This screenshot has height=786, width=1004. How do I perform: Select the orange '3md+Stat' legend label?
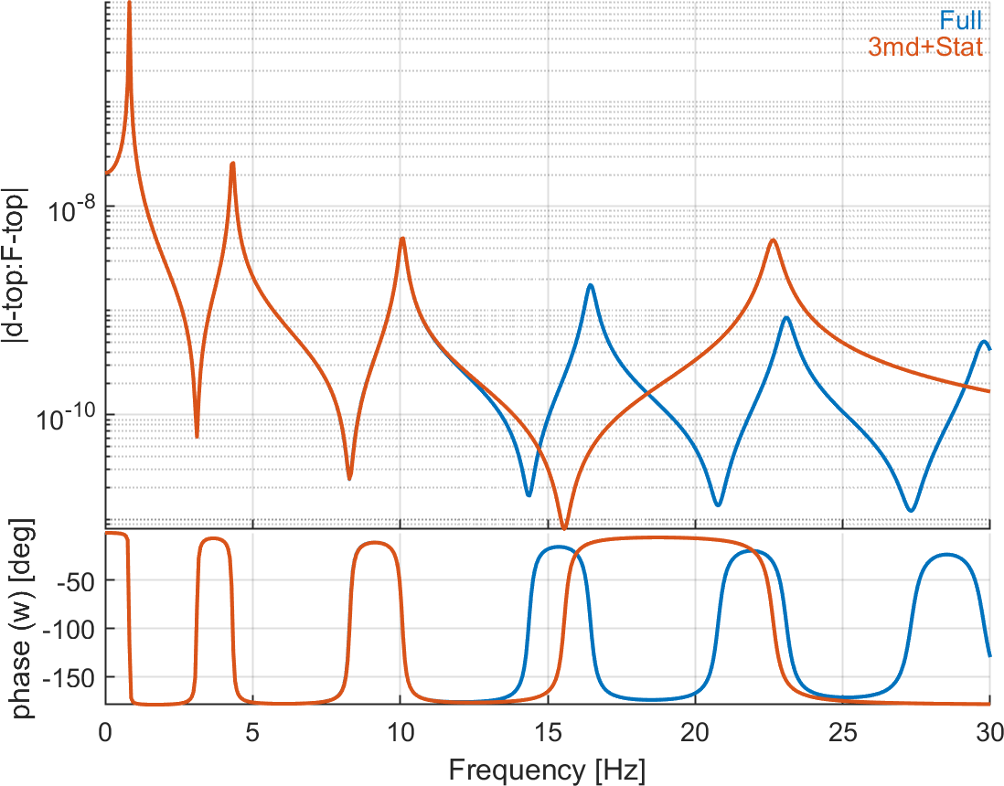[926, 48]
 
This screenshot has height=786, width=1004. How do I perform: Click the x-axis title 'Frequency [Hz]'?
[546, 770]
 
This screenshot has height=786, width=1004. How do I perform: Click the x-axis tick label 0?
[105, 732]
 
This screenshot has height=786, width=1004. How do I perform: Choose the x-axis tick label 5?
[252, 732]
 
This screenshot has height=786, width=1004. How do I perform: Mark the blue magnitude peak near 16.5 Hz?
[591, 285]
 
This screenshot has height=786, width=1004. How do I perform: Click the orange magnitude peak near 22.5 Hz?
[774, 240]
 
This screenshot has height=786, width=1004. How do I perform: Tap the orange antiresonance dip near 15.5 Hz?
[564, 527]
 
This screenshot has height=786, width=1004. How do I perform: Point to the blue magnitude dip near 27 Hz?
[910, 510]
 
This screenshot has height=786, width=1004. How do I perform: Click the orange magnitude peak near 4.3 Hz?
[232, 164]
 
